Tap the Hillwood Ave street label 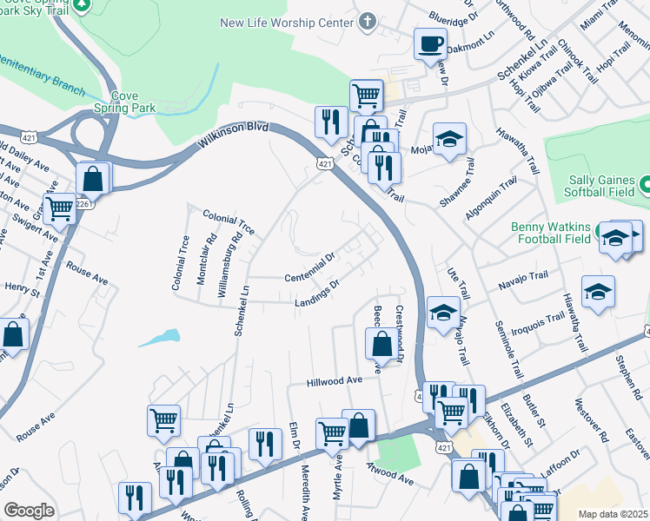[x=334, y=381]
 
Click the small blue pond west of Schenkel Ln [x=160, y=337]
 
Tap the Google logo [x=29, y=511]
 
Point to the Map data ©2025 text [x=613, y=514]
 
